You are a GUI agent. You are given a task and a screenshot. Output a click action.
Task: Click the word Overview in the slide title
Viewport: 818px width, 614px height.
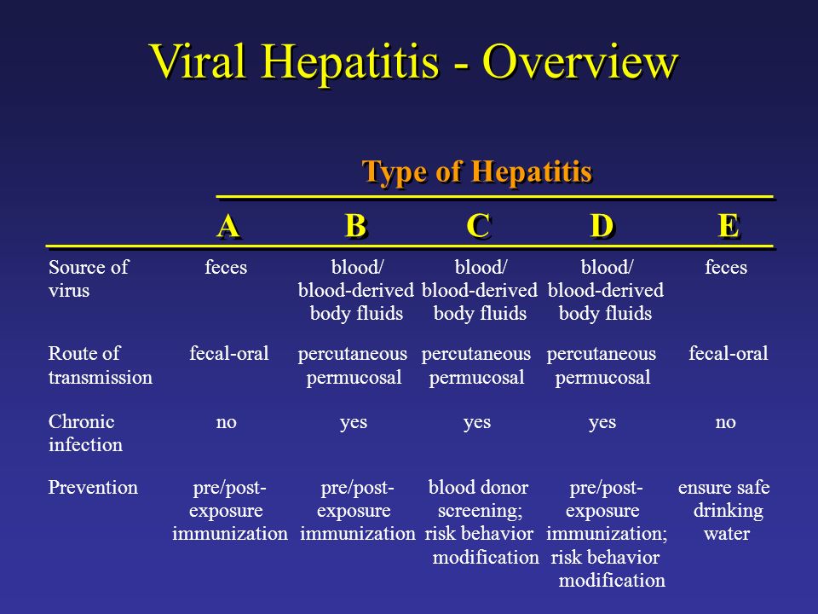579,61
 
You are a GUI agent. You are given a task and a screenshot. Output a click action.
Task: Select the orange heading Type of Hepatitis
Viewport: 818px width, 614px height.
477,171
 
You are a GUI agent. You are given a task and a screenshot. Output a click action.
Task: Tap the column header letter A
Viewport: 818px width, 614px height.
228,226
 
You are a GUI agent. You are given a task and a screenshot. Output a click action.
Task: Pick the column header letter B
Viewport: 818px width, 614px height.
356,226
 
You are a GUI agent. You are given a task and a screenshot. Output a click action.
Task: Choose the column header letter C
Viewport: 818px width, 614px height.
478,226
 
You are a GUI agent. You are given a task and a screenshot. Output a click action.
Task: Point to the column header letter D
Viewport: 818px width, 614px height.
602,226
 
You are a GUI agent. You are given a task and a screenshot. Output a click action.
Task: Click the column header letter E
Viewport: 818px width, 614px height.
729,226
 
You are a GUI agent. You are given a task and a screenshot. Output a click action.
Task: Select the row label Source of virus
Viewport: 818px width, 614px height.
88,278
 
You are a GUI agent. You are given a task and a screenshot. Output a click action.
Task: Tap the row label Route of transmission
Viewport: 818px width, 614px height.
101,365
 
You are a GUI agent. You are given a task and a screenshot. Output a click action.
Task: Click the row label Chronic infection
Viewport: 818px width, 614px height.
85,433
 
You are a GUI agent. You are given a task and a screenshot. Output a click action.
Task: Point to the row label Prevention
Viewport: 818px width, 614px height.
93,487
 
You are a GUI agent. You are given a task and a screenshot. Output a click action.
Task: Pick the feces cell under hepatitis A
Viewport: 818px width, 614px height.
225,267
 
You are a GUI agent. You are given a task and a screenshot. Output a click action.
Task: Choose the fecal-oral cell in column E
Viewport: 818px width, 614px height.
729,353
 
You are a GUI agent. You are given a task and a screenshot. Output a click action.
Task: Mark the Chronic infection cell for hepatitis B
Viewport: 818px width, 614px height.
353,422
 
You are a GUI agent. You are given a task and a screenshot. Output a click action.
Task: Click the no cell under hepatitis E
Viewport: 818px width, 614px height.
725,422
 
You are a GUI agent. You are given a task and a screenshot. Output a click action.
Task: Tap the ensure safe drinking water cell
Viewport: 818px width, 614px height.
724,510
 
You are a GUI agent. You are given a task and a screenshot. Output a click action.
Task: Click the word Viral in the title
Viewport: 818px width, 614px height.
198,61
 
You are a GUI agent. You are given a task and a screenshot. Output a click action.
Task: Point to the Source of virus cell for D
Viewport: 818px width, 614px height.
606,290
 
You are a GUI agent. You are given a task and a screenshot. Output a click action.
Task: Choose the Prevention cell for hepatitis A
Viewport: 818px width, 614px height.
229,510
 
